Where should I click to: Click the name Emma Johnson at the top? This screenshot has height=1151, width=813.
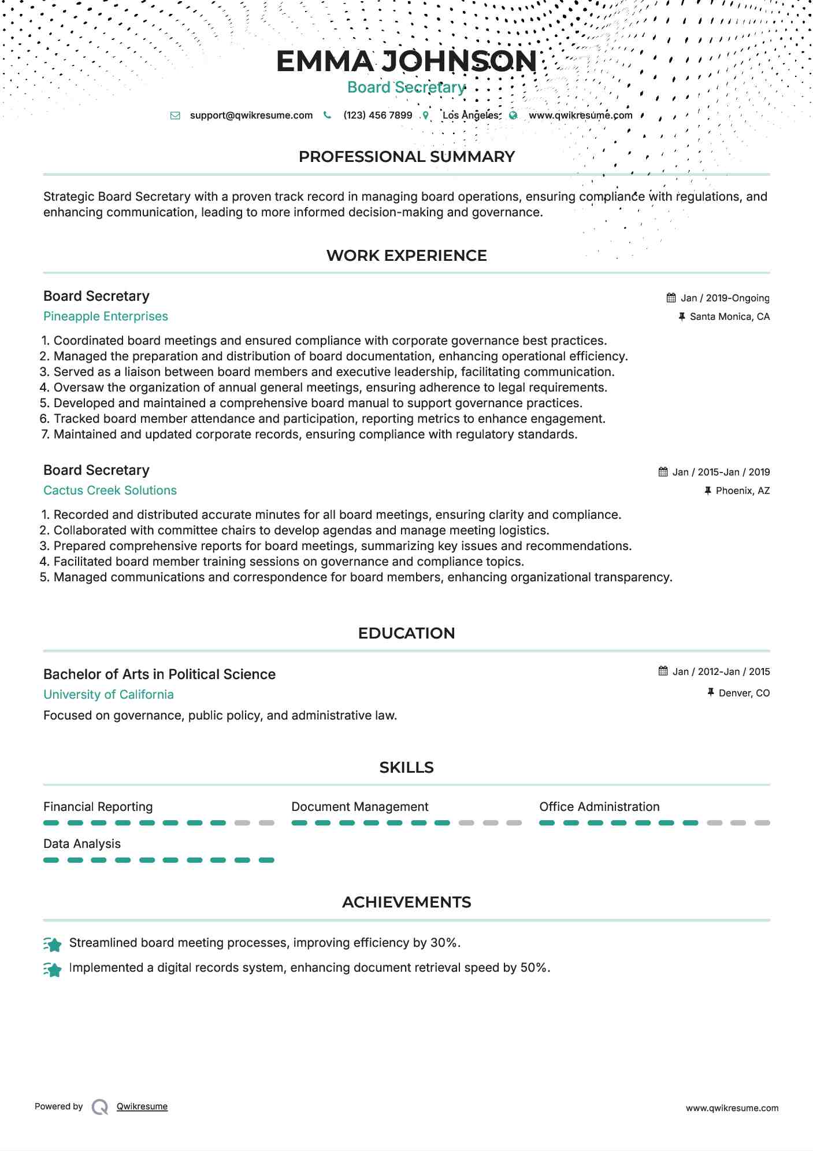[x=406, y=61]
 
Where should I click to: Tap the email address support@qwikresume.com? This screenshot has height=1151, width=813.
[x=251, y=115]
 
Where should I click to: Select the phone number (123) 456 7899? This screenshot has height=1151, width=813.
[x=377, y=115]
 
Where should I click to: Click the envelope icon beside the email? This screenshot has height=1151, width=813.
[x=175, y=115]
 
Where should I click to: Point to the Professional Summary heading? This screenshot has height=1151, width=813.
[x=406, y=157]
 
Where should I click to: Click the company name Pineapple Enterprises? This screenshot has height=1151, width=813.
[x=106, y=316]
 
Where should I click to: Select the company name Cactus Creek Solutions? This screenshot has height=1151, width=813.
[x=110, y=490]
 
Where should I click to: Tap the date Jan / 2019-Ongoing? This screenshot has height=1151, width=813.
[x=725, y=298]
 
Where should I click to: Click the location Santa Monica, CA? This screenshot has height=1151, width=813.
[x=729, y=316]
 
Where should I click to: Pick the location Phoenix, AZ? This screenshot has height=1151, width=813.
[x=743, y=490]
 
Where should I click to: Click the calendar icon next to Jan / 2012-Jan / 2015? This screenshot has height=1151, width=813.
[x=663, y=671]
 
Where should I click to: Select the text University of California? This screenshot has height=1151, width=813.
[x=109, y=695]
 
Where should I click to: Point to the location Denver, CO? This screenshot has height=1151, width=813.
[x=744, y=693]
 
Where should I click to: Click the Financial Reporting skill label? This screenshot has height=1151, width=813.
[x=98, y=807]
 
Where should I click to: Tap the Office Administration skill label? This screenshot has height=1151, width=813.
[x=599, y=807]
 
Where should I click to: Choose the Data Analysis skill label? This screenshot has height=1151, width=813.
[x=82, y=844]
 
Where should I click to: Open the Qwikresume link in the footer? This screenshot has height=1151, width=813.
[x=142, y=1106]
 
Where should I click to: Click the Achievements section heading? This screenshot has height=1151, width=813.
[x=406, y=902]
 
